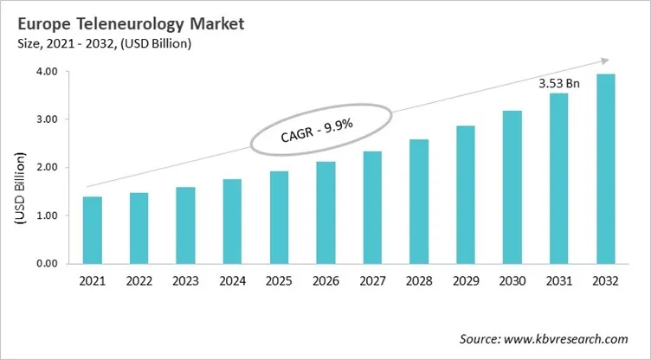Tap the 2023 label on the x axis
coord(186,281)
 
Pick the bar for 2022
coord(139,228)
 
